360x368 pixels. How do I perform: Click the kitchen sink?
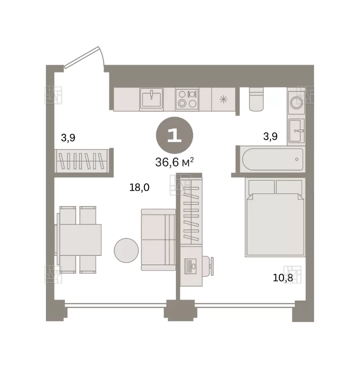pyautogui.click(x=152, y=99)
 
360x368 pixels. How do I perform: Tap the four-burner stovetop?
pyautogui.click(x=187, y=99)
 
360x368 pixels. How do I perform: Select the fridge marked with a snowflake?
pyautogui.click(x=224, y=99)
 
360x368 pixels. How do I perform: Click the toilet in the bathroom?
pyautogui.click(x=256, y=99)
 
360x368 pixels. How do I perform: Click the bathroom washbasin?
pyautogui.click(x=296, y=131)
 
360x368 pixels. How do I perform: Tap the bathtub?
pyautogui.click(x=273, y=159)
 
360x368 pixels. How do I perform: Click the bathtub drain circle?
pyautogui.click(x=297, y=159)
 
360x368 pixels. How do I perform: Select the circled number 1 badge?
pyautogui.click(x=175, y=136)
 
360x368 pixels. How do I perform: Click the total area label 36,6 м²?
pyautogui.click(x=175, y=162)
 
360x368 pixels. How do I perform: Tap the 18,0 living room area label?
pyautogui.click(x=139, y=187)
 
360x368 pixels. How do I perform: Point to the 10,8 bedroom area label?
pyautogui.click(x=283, y=278)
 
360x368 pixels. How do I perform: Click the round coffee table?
pyautogui.click(x=126, y=250)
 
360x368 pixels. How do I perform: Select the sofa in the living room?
pyautogui.click(x=158, y=240)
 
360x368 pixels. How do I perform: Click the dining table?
pyautogui.click(x=80, y=240)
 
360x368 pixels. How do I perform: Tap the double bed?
pyautogui.click(x=275, y=217)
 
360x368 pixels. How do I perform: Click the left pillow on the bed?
pyautogui.click(x=261, y=187)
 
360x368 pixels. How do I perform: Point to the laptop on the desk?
pyautogui.click(x=190, y=266)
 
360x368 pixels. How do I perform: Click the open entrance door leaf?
pyautogui.click(x=81, y=57)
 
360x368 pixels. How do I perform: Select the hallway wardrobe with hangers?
pyautogui.click(x=82, y=161)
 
